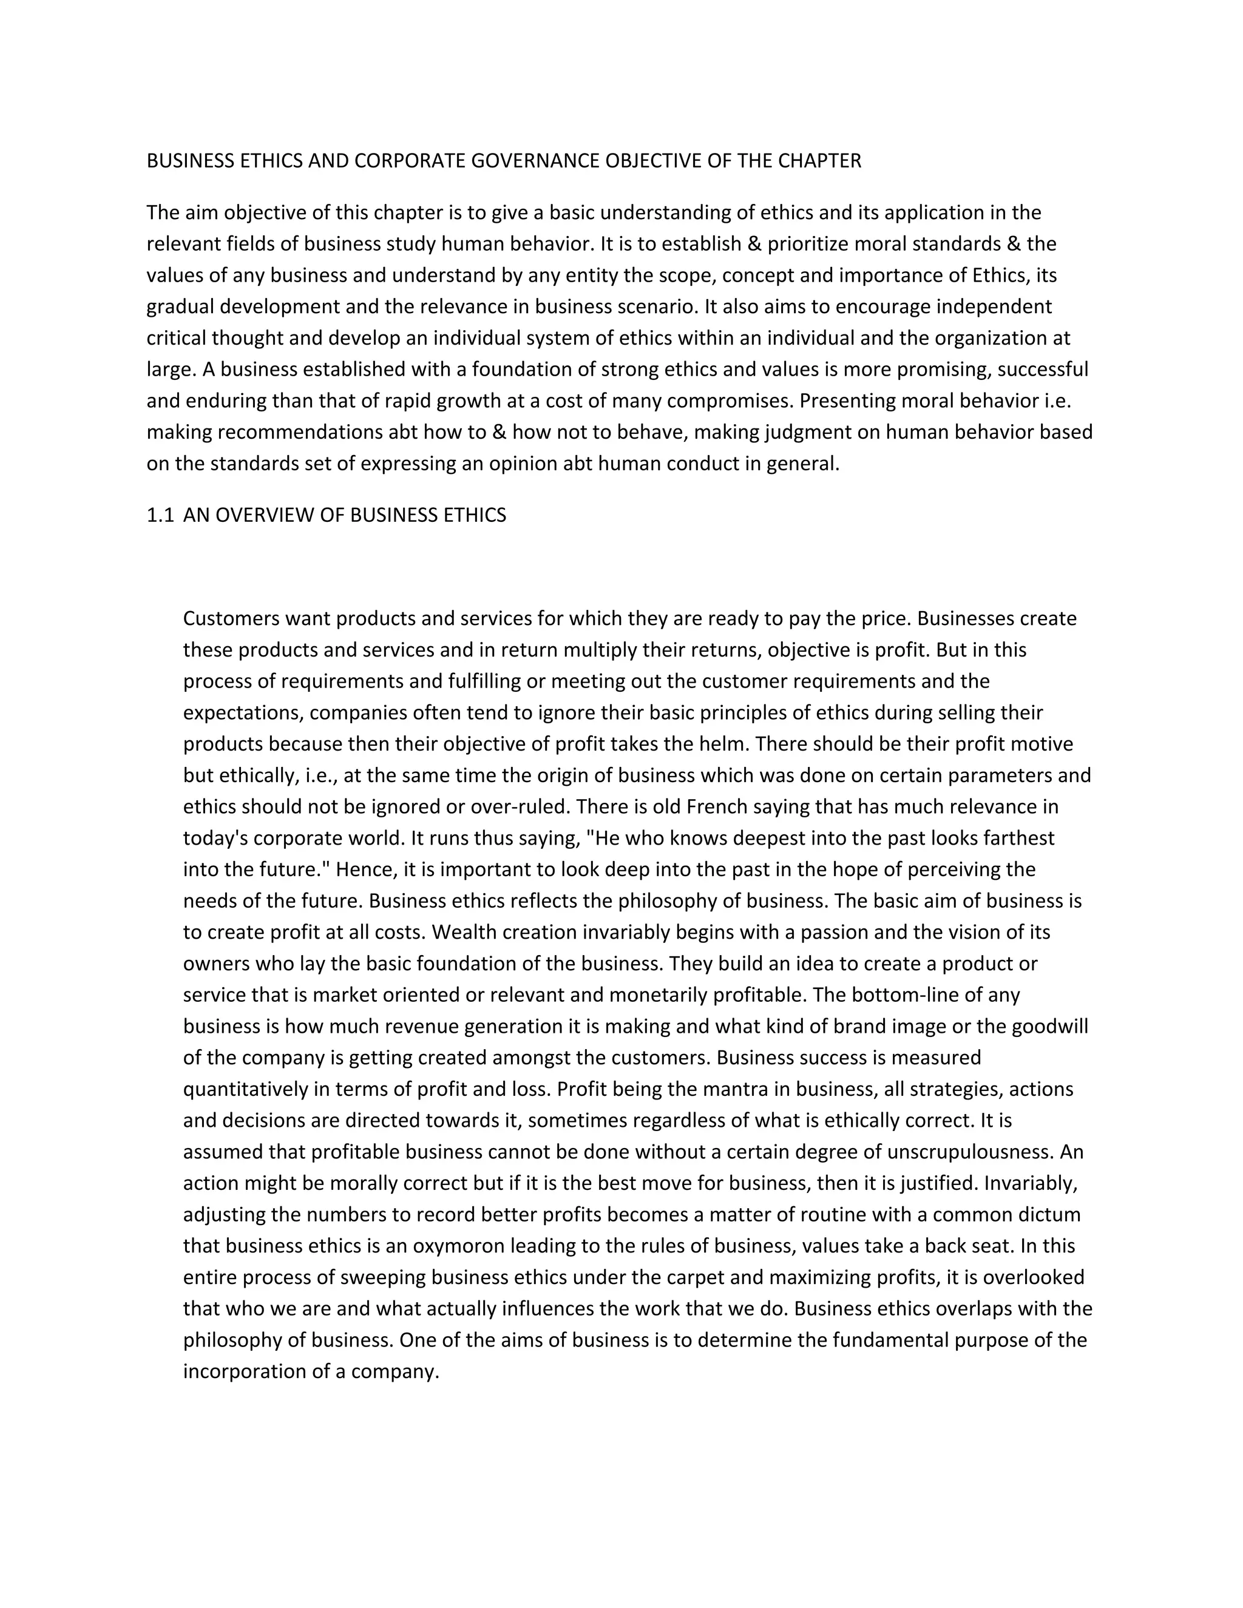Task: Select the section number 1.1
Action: [x=160, y=515]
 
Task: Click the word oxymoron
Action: [x=459, y=1246]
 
